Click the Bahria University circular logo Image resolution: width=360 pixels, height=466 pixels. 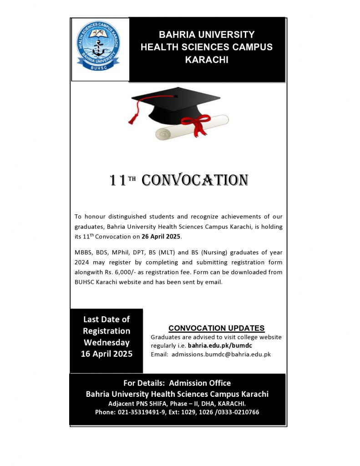(x=98, y=48)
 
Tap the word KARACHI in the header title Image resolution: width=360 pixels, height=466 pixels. (x=207, y=60)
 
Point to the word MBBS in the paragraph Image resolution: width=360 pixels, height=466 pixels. (x=82, y=252)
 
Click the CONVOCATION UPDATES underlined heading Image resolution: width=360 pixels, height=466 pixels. (x=216, y=328)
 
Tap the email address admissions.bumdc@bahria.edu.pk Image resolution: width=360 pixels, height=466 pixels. (x=221, y=354)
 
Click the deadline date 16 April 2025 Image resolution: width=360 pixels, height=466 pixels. (x=106, y=354)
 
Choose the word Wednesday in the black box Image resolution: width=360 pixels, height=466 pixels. (x=106, y=343)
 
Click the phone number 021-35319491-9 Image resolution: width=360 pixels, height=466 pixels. (x=146, y=412)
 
